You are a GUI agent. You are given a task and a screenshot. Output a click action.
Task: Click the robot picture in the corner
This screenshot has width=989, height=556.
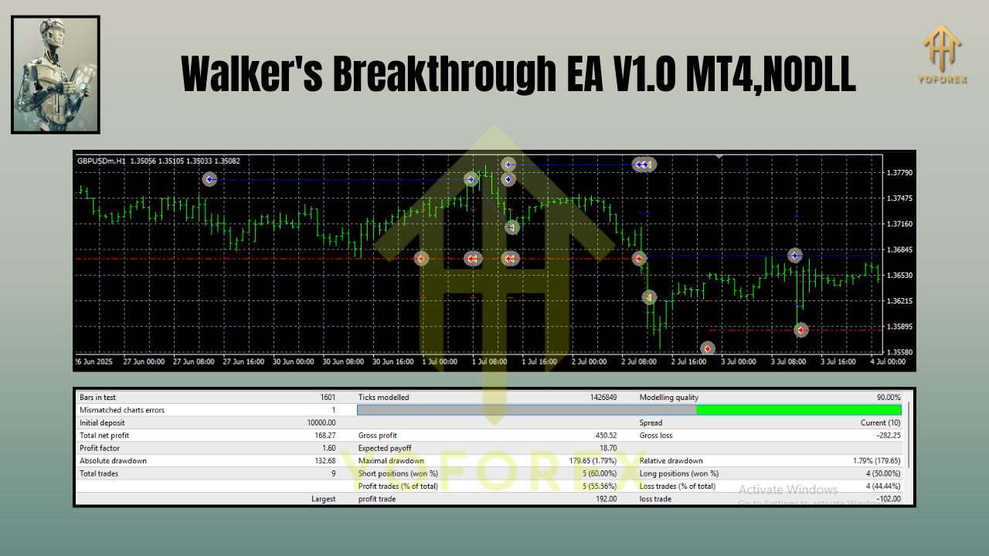[55, 74]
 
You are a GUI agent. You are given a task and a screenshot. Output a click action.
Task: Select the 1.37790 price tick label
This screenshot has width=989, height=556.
[898, 173]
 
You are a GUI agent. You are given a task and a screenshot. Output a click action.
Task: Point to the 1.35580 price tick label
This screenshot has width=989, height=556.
[898, 353]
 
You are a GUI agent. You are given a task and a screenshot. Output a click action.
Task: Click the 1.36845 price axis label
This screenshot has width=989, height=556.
[898, 250]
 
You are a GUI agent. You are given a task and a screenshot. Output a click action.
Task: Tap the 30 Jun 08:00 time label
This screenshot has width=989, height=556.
[344, 361]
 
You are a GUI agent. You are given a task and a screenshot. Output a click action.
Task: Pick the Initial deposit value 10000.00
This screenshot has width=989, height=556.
[321, 423]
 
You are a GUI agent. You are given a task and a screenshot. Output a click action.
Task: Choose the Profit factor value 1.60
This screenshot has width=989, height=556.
[328, 449]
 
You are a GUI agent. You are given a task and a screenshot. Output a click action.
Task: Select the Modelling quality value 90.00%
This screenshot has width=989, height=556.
[888, 398]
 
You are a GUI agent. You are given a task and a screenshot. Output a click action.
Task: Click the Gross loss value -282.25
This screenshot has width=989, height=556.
[885, 436]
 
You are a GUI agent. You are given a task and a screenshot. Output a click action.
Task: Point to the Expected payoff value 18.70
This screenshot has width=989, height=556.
[607, 449]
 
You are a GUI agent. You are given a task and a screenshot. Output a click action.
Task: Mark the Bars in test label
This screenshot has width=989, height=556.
[97, 398]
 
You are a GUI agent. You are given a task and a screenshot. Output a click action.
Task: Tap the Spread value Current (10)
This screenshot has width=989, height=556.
[881, 423]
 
